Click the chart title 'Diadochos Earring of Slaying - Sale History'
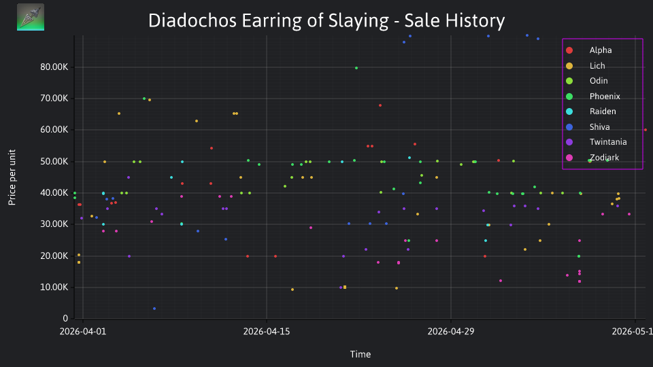(326, 21)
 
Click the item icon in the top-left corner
(31, 17)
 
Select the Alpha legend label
(601, 50)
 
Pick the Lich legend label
(597, 66)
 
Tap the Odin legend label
(599, 81)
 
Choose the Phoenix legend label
(605, 96)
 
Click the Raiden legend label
(603, 111)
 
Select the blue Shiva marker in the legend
(569, 127)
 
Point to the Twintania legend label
(608, 142)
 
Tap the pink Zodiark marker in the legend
(569, 158)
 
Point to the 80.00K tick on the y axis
(54, 67)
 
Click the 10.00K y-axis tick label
(54, 287)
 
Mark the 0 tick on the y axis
(65, 318)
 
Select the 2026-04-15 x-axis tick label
(267, 332)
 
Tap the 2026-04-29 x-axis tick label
(451, 332)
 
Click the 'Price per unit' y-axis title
(12, 177)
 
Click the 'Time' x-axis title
(361, 354)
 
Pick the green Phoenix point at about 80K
(356, 68)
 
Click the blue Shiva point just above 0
(154, 309)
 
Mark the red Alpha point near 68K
(380, 106)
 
